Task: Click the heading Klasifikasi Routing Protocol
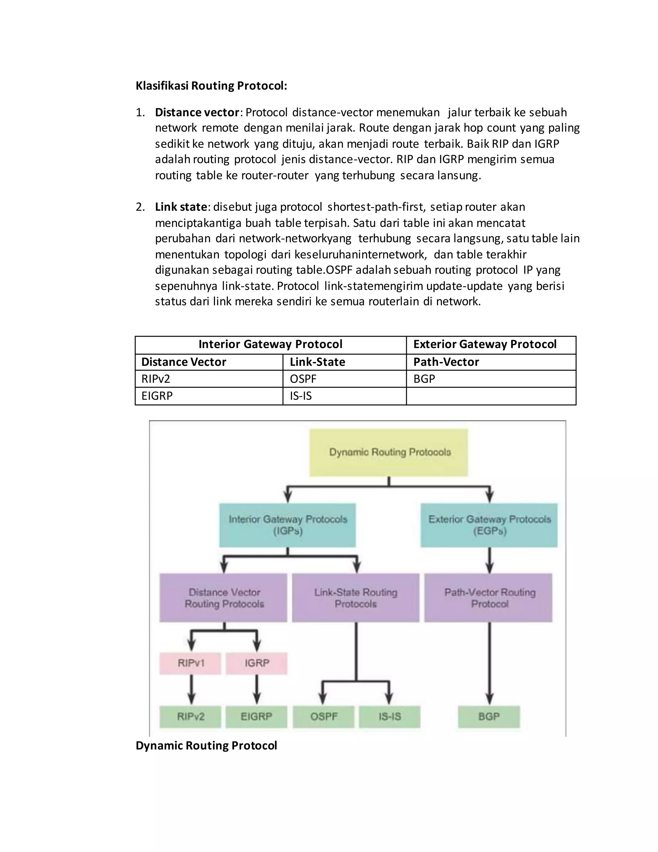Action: pyautogui.click(x=211, y=86)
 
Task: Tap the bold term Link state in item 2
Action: pyautogui.click(x=181, y=207)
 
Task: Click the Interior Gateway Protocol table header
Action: pyautogui.click(x=270, y=344)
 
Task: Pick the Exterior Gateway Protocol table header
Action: pyautogui.click(x=485, y=344)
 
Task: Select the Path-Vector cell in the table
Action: pyautogui.click(x=446, y=362)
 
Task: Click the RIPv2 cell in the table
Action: pyautogui.click(x=156, y=379)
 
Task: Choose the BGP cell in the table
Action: pyautogui.click(x=424, y=379)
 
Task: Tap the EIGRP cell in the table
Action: pyautogui.click(x=157, y=396)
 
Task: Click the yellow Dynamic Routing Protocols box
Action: pyautogui.click(x=389, y=453)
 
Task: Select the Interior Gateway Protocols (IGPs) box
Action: pyautogui.click(x=288, y=525)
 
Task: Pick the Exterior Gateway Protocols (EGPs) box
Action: pyautogui.click(x=489, y=525)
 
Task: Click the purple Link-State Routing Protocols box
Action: pyautogui.click(x=356, y=598)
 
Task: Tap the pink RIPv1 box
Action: pyautogui.click(x=191, y=663)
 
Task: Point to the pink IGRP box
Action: pyautogui.click(x=256, y=663)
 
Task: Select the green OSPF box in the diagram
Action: pyautogui.click(x=324, y=717)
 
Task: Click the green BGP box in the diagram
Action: pyautogui.click(x=489, y=717)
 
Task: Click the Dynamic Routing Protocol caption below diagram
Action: pyautogui.click(x=206, y=746)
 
